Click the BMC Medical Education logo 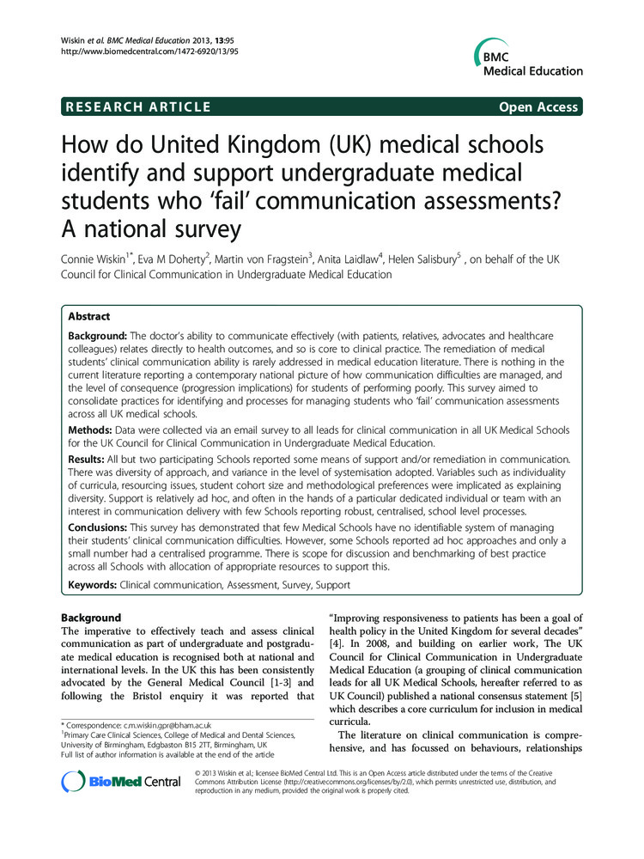pyautogui.click(x=526, y=58)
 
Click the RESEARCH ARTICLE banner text pyautogui.click(x=138, y=107)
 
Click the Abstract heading pyautogui.click(x=91, y=316)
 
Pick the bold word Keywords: pyautogui.click(x=93, y=585)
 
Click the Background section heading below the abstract pyautogui.click(x=91, y=618)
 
